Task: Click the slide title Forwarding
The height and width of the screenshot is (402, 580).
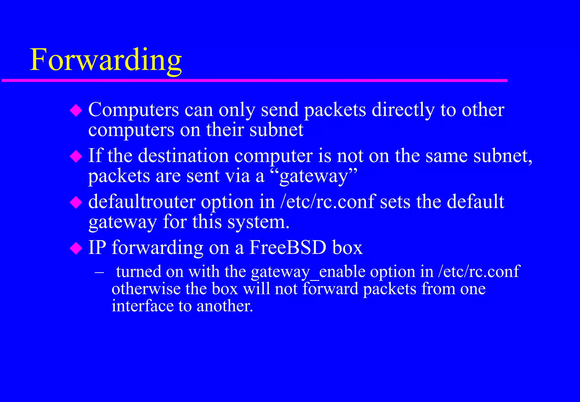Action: (106, 60)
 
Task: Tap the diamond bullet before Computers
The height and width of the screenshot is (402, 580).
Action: (76, 110)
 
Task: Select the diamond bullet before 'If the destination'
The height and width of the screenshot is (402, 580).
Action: (76, 156)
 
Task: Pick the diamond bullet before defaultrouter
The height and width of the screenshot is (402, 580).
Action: (76, 202)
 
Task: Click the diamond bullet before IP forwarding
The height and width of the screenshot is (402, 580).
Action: (76, 248)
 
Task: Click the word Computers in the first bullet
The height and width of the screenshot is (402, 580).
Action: (133, 110)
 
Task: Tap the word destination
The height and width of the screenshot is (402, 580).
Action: (183, 156)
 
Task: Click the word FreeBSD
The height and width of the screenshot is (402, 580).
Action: (288, 248)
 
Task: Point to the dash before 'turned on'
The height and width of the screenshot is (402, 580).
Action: (99, 272)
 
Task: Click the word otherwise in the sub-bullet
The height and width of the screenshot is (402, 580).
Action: (146, 289)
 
